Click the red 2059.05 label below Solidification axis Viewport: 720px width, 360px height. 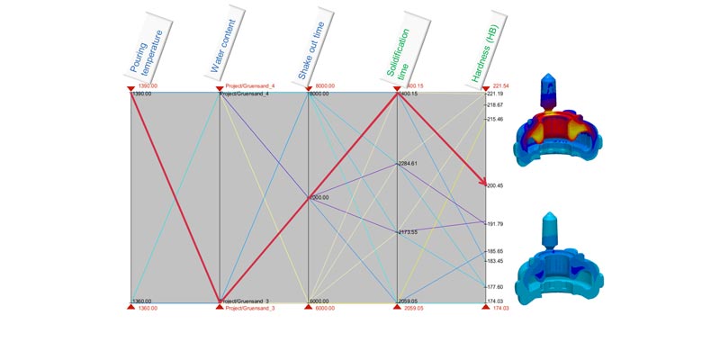tap(417, 309)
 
